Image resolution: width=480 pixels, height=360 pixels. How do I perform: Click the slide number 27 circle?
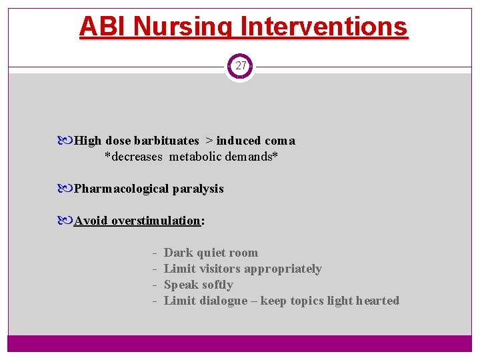(x=241, y=66)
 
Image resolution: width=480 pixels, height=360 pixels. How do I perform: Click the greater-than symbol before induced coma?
(x=209, y=141)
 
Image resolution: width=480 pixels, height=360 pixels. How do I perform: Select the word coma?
(x=280, y=141)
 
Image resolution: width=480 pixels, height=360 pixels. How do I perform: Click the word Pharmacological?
(x=122, y=189)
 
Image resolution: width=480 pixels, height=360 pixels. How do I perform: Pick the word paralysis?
(x=198, y=189)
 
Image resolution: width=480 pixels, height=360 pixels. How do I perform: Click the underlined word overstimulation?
(x=156, y=221)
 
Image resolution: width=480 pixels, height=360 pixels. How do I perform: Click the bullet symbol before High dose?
(x=68, y=141)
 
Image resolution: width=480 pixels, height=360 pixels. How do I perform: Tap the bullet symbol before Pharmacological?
(x=68, y=189)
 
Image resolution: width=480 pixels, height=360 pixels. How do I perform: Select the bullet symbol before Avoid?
(x=68, y=221)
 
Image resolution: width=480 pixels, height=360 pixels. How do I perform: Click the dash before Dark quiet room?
(x=154, y=253)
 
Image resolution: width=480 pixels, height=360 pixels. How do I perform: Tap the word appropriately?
(x=283, y=269)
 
